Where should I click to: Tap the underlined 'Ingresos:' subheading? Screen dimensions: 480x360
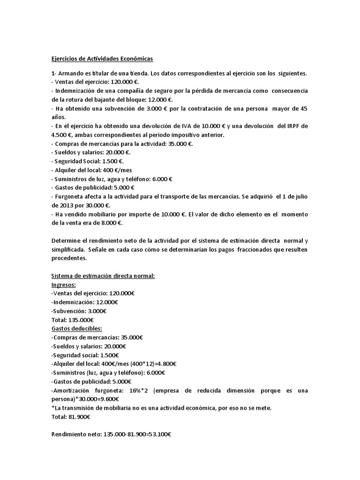point(64,284)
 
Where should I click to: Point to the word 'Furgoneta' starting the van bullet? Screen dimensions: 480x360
point(71,196)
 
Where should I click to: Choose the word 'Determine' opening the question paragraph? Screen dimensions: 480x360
point(66,240)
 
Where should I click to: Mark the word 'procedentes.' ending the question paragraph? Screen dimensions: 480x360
point(69,258)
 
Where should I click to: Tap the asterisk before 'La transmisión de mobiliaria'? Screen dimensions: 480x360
point(53,408)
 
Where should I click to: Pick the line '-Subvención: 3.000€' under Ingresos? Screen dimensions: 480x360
point(79,311)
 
